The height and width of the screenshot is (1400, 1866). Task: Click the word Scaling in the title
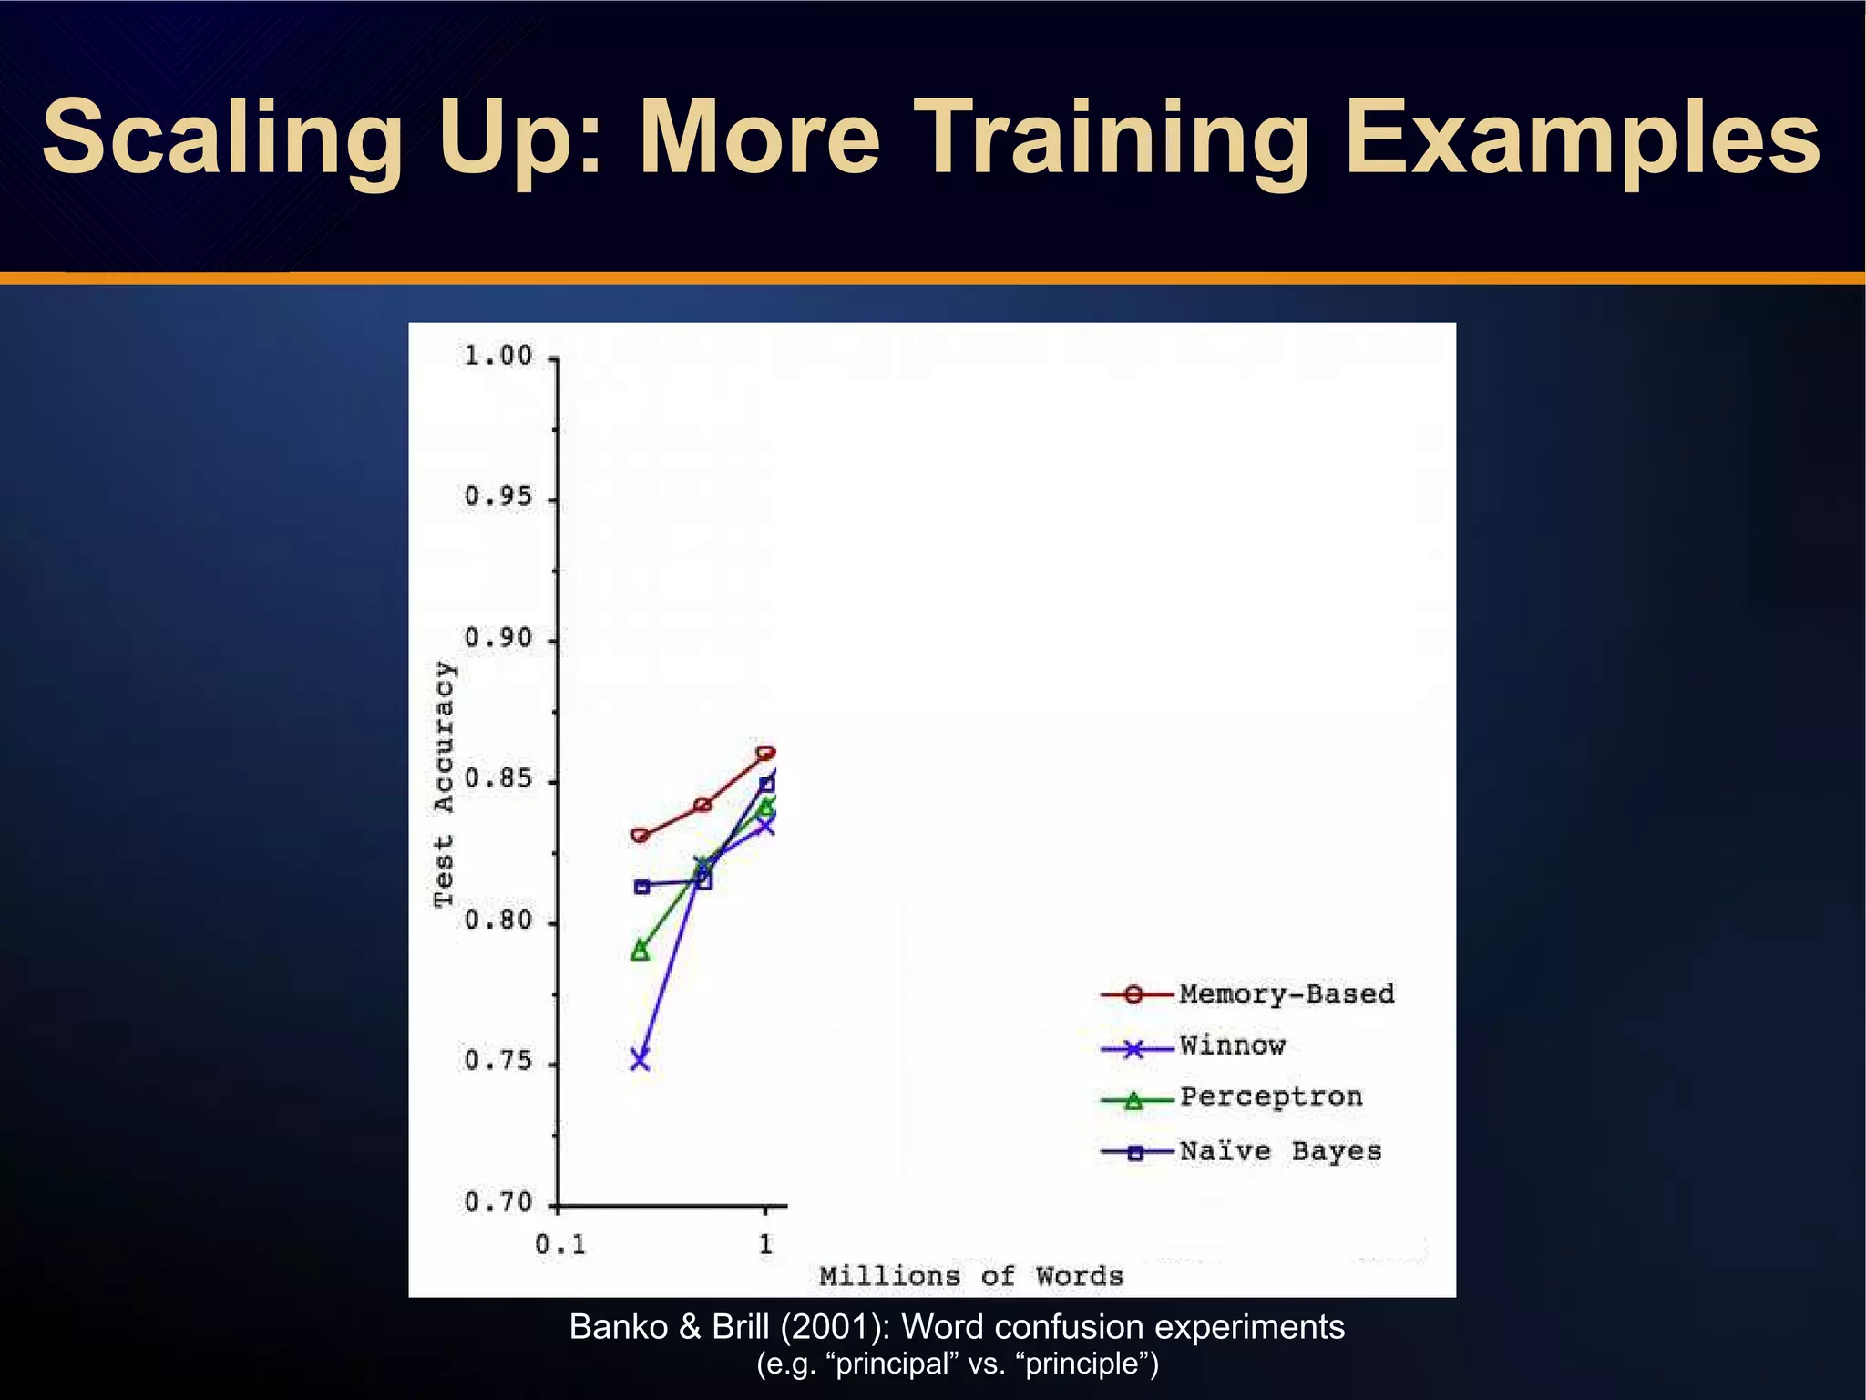pos(222,139)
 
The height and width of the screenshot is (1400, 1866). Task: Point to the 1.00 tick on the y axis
pos(498,355)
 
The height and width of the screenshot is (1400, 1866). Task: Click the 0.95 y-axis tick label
pos(498,497)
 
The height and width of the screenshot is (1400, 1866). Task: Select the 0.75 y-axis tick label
pos(498,1061)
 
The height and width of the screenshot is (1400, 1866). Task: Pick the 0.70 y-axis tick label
pos(498,1202)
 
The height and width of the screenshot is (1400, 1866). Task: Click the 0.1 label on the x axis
pos(560,1244)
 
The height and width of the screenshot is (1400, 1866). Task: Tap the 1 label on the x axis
pos(765,1243)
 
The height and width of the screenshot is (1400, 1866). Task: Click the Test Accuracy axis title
pos(443,784)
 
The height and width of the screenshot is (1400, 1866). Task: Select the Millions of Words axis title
pos(971,1276)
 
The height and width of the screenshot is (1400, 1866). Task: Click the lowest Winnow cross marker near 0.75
pos(641,1060)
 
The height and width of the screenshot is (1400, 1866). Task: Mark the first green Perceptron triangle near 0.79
pos(641,951)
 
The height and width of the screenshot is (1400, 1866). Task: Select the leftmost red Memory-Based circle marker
pos(641,835)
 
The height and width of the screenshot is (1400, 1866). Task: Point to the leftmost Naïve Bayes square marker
pos(641,886)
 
